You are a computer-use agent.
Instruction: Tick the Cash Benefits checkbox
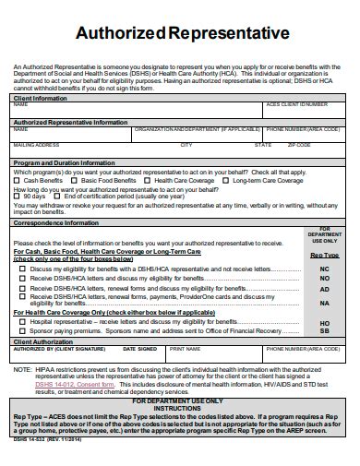[x=18, y=180]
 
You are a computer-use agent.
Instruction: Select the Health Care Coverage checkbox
[x=150, y=180]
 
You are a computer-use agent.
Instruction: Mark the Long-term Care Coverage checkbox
[x=227, y=180]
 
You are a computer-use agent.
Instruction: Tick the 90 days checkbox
[x=18, y=196]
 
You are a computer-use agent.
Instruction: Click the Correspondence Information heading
[x=61, y=222]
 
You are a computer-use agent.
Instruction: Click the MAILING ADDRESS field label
[x=37, y=145]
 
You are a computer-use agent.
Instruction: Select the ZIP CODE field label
[x=299, y=145]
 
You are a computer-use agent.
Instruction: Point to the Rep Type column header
[x=323, y=254]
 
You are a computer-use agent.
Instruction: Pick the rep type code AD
[x=324, y=289]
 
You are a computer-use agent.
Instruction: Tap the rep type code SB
[x=324, y=329]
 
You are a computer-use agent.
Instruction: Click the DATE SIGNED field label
[x=140, y=349]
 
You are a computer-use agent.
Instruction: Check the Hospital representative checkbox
[x=22, y=320]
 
